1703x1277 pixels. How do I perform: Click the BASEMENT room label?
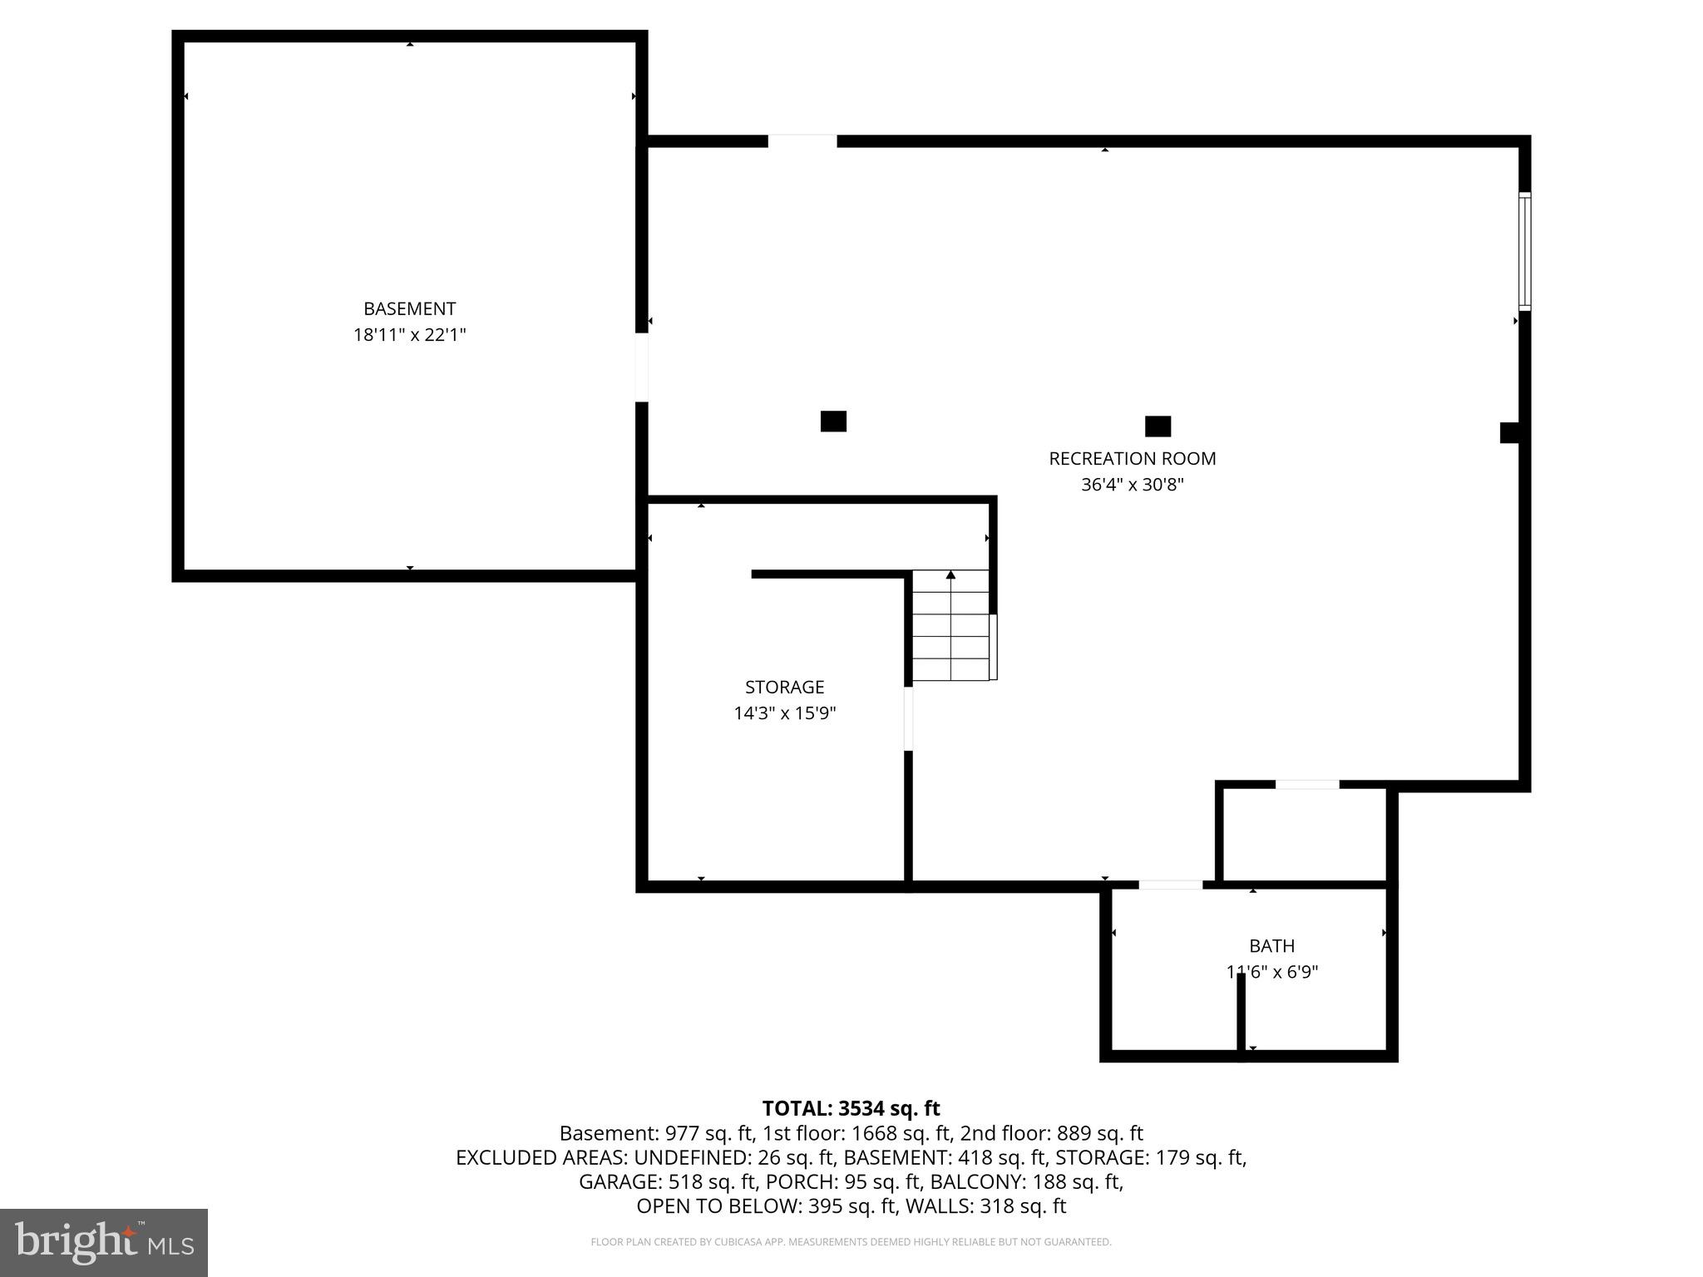point(409,308)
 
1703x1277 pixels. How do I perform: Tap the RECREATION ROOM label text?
point(1132,458)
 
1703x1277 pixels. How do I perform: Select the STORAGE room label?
point(784,687)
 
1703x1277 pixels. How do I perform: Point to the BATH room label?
point(1271,945)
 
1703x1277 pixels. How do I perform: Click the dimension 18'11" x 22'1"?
point(409,335)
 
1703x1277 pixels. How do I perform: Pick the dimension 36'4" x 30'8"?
point(1132,484)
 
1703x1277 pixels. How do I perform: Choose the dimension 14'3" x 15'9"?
point(784,713)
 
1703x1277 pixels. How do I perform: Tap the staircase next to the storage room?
point(951,625)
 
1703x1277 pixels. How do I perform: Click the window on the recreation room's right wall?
point(1524,251)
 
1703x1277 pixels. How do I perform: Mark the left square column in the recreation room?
point(833,422)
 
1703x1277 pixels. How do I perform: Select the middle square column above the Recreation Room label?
point(1158,426)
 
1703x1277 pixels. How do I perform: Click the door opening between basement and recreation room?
point(642,367)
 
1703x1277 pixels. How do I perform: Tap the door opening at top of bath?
point(1170,885)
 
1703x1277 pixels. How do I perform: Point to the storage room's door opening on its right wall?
point(908,718)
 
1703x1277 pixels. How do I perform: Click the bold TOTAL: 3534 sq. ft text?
point(851,1108)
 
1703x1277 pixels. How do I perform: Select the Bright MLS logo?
point(104,1242)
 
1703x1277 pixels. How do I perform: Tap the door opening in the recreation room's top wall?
point(802,141)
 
